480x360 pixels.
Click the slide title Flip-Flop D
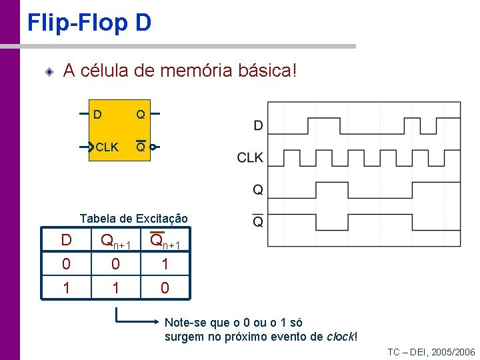89,23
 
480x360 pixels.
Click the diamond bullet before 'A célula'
49,71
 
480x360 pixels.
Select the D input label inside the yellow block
98,115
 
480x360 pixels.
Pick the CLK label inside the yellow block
107,147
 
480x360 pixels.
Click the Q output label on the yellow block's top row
141,115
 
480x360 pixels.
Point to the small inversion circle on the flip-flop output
153,147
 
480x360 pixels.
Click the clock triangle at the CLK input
92,147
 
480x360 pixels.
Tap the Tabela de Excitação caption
133,218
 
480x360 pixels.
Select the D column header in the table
66,240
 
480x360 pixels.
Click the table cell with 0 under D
66,264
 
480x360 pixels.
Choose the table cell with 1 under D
66,288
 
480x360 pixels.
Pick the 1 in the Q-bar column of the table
165,264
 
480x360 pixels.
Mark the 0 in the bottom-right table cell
165,288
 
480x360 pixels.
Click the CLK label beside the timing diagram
250,158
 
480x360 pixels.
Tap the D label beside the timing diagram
258,125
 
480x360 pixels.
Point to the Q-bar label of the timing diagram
258,221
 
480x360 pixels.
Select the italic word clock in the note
340,336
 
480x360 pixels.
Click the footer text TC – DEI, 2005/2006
431,352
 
